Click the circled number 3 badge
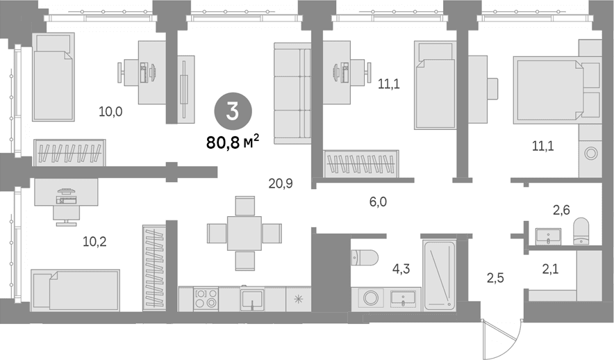tap(233, 112)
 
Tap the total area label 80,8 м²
tap(233, 142)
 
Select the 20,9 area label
tap(281, 183)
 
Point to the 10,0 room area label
tap(110, 112)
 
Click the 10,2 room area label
tap(94, 242)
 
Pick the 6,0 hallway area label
tap(378, 202)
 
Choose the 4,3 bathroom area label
tap(401, 269)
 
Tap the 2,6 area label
tap(561, 211)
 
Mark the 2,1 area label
tap(550, 269)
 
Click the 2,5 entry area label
tap(495, 278)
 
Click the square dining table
tap(244, 233)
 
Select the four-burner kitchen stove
tap(206, 299)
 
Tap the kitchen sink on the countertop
tap(252, 300)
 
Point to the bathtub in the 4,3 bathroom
tap(440, 276)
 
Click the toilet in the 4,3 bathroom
tap(365, 258)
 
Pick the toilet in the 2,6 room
tap(581, 231)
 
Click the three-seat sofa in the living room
tap(292, 93)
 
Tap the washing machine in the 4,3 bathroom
tap(370, 298)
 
